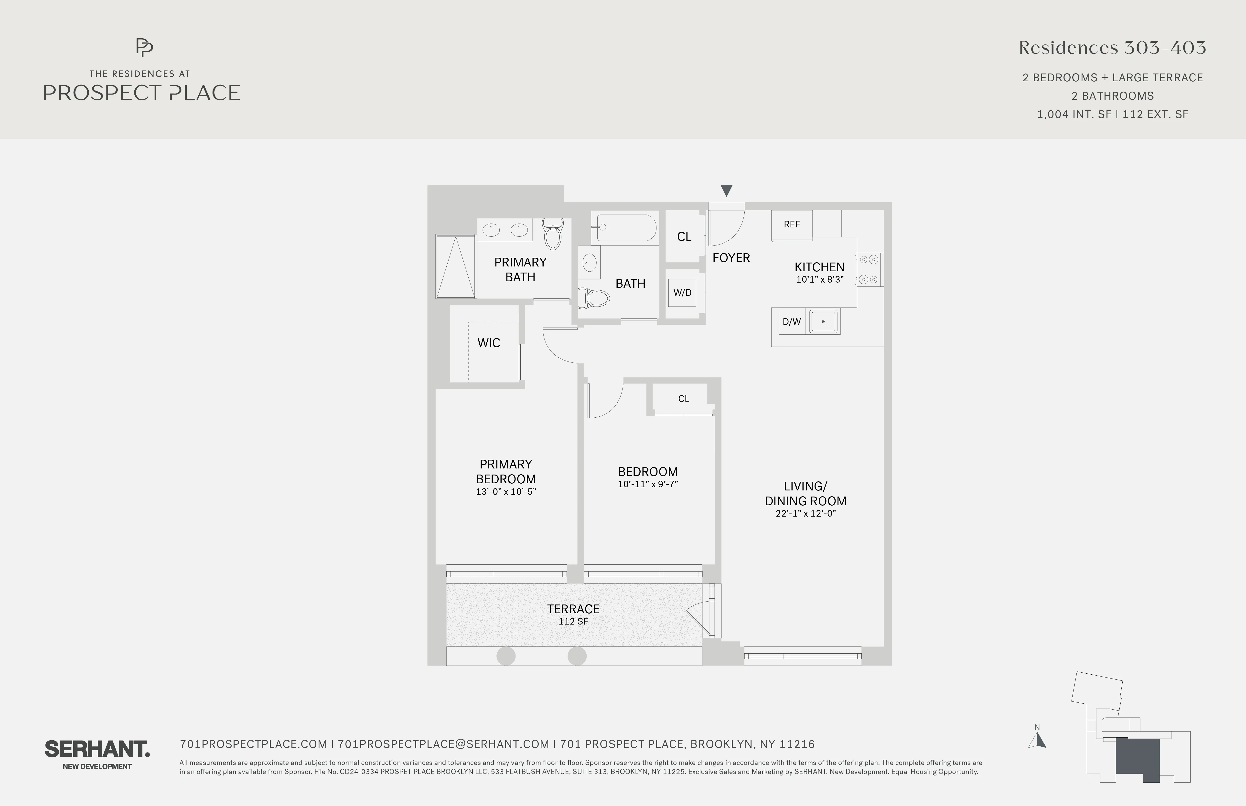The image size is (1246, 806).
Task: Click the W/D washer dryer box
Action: pos(682,293)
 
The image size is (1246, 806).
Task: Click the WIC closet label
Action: pos(488,343)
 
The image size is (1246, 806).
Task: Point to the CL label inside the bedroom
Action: pos(683,399)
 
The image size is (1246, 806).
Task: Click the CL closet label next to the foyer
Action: pos(684,237)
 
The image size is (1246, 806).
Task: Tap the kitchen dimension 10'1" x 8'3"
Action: pos(819,279)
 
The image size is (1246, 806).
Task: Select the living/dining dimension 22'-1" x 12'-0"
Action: pos(805,513)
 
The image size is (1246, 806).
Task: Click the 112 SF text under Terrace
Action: pos(573,621)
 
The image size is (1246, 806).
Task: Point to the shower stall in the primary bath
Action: pos(455,267)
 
